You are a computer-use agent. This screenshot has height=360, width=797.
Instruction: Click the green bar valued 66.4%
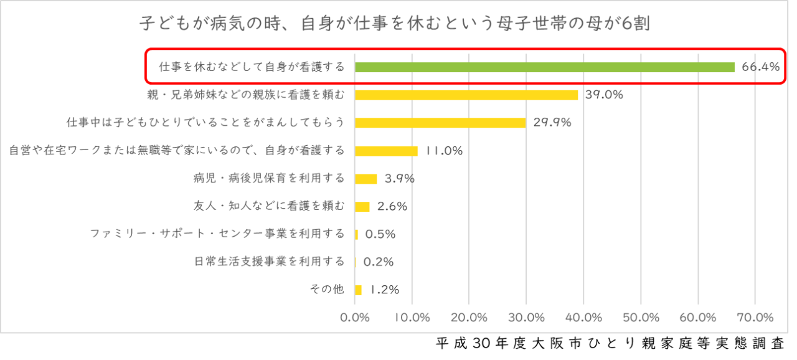pyautogui.click(x=545, y=67)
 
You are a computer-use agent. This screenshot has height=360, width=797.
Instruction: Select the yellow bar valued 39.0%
pyautogui.click(x=466, y=95)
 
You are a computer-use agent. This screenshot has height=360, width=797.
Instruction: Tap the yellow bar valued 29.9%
pyautogui.click(x=440, y=123)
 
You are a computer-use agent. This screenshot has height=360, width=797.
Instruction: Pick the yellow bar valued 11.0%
pyautogui.click(x=386, y=151)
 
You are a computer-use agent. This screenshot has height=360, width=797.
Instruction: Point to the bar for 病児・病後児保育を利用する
pyautogui.click(x=366, y=179)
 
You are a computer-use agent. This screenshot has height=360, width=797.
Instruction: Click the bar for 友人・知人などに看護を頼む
pyautogui.click(x=362, y=206)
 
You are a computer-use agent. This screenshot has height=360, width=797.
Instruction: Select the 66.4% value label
pyautogui.click(x=760, y=67)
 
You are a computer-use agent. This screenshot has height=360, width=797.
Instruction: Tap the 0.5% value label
pyautogui.click(x=380, y=234)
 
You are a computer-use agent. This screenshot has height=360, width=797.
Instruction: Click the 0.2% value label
pyautogui.click(x=378, y=262)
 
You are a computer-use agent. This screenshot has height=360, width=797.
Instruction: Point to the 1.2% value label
pyautogui.click(x=384, y=290)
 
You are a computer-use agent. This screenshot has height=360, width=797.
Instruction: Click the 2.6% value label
pyautogui.click(x=392, y=206)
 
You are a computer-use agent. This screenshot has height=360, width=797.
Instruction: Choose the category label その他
pyautogui.click(x=326, y=290)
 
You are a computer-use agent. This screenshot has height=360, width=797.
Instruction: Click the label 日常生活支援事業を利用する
pyautogui.click(x=270, y=262)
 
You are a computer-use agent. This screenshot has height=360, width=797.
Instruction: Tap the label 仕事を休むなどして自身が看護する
pyautogui.click(x=252, y=67)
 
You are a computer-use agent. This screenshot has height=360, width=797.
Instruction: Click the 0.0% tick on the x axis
pyautogui.click(x=355, y=318)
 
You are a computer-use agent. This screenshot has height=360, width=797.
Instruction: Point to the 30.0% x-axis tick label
pyautogui.click(x=526, y=318)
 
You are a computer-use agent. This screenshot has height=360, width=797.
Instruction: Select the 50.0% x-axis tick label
pyautogui.click(x=641, y=318)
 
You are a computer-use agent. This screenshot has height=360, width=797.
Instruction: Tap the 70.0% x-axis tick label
pyautogui.click(x=755, y=318)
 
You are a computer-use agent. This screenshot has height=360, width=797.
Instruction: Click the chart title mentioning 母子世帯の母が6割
pyautogui.click(x=395, y=24)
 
